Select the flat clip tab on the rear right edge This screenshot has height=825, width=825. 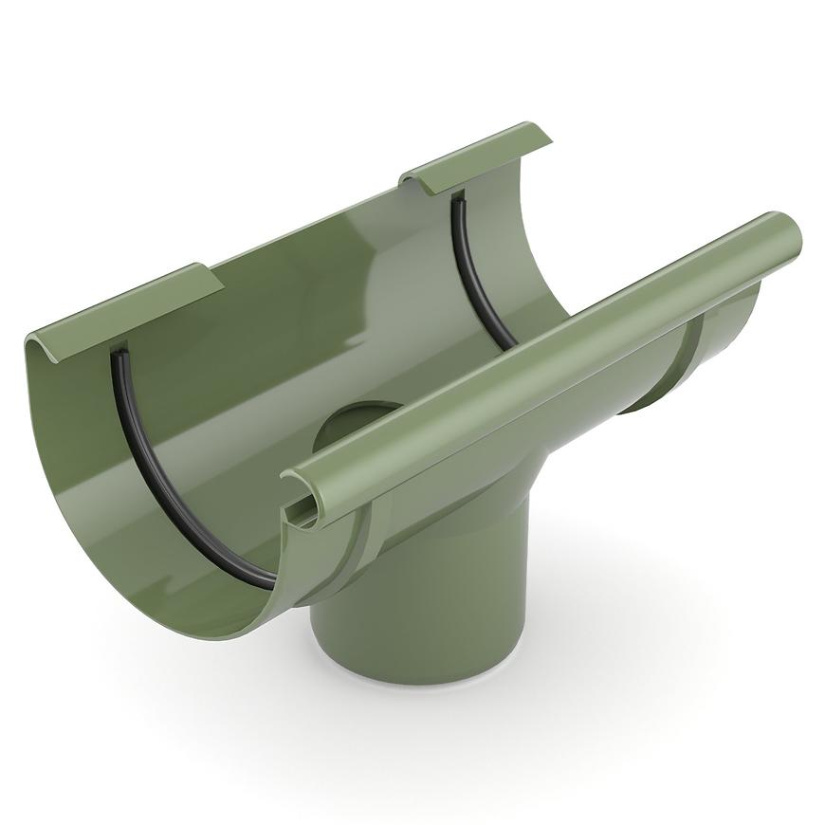coord(474,156)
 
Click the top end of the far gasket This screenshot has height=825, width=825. coord(457,199)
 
